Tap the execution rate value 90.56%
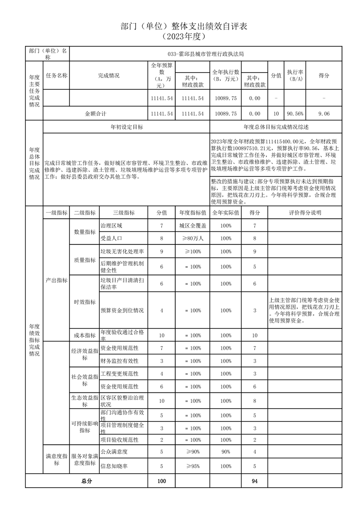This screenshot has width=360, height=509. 295,113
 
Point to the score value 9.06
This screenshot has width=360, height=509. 324,113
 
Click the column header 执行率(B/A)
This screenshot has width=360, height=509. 295,75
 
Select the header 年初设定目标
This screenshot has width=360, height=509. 127,127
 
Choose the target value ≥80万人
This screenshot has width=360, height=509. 192,238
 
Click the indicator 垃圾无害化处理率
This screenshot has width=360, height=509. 122,251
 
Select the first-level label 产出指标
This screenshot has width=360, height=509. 56,280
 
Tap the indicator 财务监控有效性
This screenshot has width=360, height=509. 119,361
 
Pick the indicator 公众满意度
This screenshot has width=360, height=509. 113,451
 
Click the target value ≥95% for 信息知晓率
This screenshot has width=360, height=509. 192,465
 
